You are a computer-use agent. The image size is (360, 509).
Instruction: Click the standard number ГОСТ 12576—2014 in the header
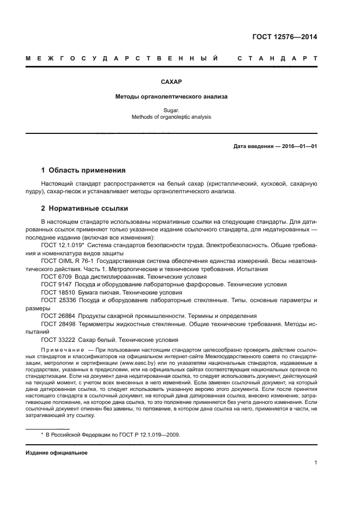285,37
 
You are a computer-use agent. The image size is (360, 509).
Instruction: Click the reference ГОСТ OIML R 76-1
67,261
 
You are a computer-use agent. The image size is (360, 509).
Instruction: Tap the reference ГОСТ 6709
56,277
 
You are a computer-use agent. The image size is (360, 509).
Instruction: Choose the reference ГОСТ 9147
56,284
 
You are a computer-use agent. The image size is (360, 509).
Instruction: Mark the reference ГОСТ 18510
58,292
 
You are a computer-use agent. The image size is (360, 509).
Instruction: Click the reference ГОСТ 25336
58,300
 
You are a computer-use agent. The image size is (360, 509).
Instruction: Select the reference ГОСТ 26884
58,316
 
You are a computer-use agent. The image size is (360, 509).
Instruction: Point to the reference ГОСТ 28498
58,323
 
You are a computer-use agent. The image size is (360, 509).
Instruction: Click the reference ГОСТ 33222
58,339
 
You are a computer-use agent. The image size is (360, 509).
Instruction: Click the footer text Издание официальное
57,453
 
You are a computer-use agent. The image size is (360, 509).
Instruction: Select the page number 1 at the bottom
315,463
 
